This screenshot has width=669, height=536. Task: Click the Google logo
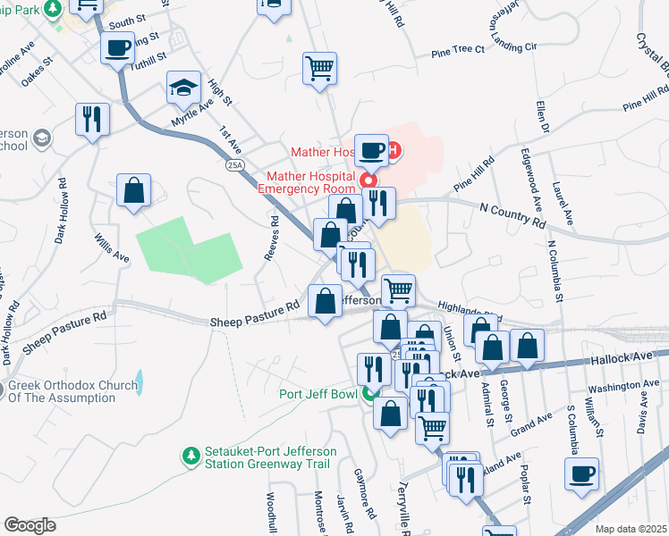tap(30, 525)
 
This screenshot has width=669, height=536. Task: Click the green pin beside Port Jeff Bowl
tap(370, 393)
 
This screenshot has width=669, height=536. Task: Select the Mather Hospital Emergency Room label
tap(307, 181)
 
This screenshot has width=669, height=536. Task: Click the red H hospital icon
tap(394, 151)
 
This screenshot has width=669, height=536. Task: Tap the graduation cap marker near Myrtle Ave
tap(182, 88)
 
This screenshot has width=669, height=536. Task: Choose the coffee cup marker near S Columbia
tap(583, 473)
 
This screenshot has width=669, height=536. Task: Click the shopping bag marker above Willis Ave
tap(133, 189)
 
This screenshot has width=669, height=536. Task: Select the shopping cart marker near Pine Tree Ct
tap(320, 68)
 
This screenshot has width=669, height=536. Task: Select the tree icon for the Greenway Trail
tap(191, 456)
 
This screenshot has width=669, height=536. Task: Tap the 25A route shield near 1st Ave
tap(234, 165)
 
